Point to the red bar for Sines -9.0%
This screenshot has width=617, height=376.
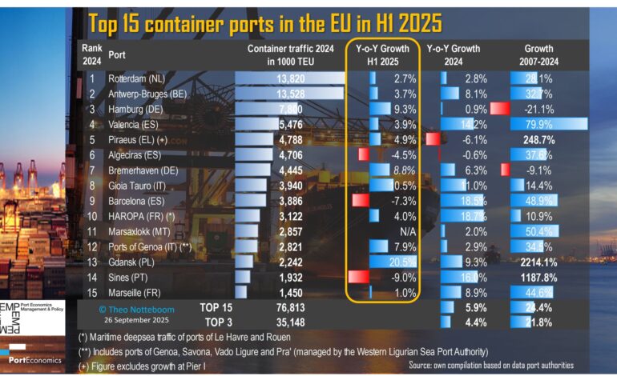358,276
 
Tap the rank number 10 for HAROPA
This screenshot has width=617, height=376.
92,215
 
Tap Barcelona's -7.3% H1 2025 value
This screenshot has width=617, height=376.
402,200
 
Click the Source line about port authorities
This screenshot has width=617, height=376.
490,365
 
